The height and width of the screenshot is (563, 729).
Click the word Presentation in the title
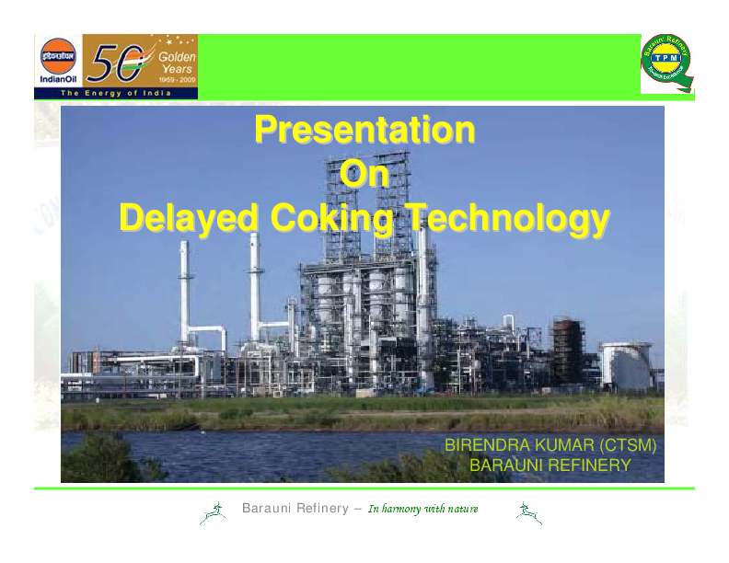364,130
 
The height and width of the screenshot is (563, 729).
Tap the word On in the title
364,174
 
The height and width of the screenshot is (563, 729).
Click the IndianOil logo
57,61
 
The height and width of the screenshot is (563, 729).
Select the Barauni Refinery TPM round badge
665,63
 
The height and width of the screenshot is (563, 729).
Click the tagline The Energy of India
115,94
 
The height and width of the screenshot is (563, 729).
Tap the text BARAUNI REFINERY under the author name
550,465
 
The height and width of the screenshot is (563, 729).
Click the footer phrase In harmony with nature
422,510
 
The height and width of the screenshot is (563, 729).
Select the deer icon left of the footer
213,513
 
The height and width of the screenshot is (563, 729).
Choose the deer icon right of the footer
528,513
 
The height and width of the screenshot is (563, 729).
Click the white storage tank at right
627,364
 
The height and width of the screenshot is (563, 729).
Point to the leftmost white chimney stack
185,294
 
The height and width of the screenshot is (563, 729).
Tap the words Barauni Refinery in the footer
295,509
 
